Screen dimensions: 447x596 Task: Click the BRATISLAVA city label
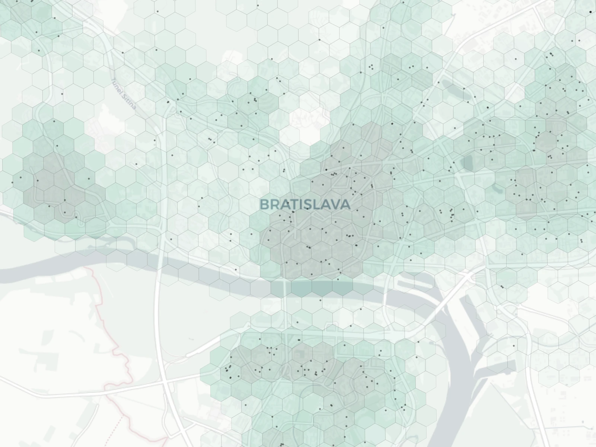(305, 205)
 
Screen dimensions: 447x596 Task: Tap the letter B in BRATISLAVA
(264, 205)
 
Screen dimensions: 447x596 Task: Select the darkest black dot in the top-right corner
(591, 12)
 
